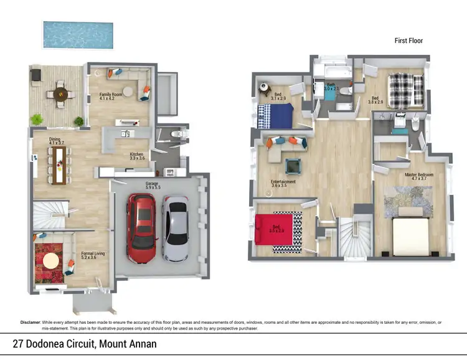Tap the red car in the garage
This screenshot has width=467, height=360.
pos(143,227)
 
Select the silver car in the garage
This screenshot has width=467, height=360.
pos(176,229)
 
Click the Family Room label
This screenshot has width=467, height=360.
pos(111,96)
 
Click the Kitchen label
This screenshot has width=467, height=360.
pos(137,156)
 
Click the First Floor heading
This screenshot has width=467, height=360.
pos(409,40)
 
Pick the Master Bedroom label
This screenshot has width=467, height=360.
pos(418,177)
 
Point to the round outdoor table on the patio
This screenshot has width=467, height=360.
pos(60,94)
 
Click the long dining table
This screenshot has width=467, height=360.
pos(60,164)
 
